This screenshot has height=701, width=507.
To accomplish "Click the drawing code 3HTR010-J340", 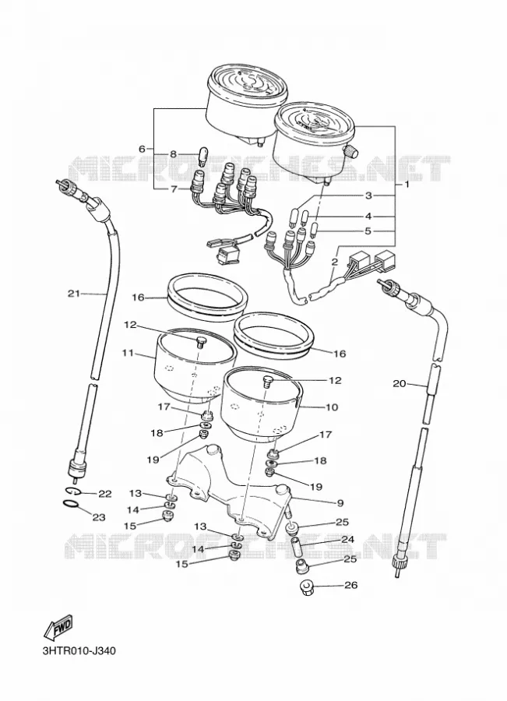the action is tap(79, 650).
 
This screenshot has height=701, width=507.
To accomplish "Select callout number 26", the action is tap(351, 585).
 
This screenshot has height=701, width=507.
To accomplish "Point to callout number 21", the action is tap(74, 294).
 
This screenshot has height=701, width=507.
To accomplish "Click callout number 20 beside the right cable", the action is tap(400, 383).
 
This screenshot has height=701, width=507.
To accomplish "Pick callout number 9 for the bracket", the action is tap(340, 503).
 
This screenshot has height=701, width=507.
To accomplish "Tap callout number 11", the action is tap(128, 353).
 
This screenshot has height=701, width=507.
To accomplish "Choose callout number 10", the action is tap(333, 407).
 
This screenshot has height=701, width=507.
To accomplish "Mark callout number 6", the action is tap(142, 149).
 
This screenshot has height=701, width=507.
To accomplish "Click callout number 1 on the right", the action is tap(407, 184).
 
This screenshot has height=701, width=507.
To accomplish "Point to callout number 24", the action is tap(347, 540).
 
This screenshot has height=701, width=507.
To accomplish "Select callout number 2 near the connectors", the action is tap(334, 262).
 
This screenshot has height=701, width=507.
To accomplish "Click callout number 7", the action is tap(174, 189).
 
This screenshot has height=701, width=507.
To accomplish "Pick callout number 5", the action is tap(368, 231).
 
